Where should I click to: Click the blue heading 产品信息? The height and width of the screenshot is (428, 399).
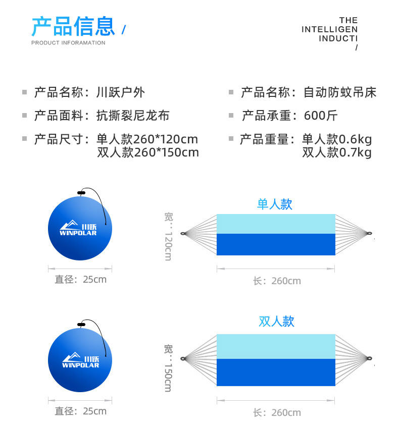pyautogui.click(x=73, y=26)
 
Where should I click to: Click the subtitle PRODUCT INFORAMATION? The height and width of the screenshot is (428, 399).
pyautogui.click(x=68, y=43)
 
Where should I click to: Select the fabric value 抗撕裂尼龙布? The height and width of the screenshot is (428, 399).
pyautogui.click(x=133, y=116)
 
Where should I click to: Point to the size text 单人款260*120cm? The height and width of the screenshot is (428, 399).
pyautogui.click(x=147, y=139)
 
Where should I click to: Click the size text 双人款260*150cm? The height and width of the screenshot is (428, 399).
pyautogui.click(x=148, y=152)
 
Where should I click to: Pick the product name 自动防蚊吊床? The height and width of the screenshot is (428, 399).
pyautogui.click(x=339, y=92)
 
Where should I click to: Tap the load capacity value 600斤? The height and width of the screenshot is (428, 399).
pyautogui.click(x=321, y=116)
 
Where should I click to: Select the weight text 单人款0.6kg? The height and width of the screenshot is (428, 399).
pyautogui.click(x=337, y=139)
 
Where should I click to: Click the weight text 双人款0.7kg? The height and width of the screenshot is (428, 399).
pyautogui.click(x=337, y=152)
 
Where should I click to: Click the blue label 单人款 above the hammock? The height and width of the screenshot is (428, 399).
pyautogui.click(x=275, y=204)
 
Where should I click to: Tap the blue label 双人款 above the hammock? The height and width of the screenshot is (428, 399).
pyautogui.click(x=276, y=322)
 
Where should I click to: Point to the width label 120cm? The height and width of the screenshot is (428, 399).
pyautogui.click(x=168, y=246)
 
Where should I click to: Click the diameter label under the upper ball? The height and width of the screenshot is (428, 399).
pyautogui.click(x=80, y=279)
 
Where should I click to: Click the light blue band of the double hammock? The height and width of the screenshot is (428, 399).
pyautogui.click(x=276, y=346)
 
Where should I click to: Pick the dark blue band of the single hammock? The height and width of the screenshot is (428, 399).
pyautogui.click(x=276, y=244)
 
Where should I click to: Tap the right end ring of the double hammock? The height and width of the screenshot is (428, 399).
pyautogui.click(x=370, y=359)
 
